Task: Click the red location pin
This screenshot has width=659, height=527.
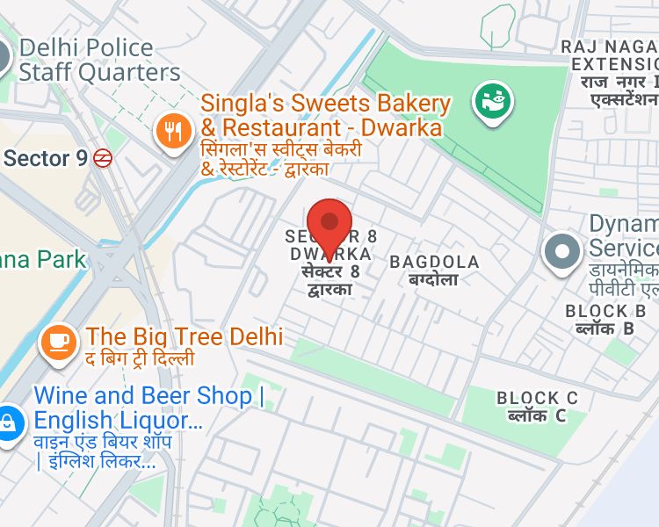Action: coord(329,225)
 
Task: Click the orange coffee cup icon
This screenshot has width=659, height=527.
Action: coord(58,340)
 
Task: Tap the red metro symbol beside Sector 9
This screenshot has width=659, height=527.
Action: coord(104,158)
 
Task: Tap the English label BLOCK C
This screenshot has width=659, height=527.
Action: coord(538,398)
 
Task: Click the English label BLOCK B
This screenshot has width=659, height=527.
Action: coord(606,311)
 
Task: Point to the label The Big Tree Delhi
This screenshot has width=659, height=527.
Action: coord(184,336)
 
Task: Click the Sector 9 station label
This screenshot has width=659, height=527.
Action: coord(46,158)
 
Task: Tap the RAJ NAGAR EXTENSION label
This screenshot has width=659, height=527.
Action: coord(612,55)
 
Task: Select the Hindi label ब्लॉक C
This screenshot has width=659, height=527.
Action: coord(537,416)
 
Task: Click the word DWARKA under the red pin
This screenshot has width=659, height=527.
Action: coord(330,254)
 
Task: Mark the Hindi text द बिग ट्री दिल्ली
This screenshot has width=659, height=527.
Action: coord(140,359)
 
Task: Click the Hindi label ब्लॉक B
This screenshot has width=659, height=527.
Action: coord(605,329)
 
